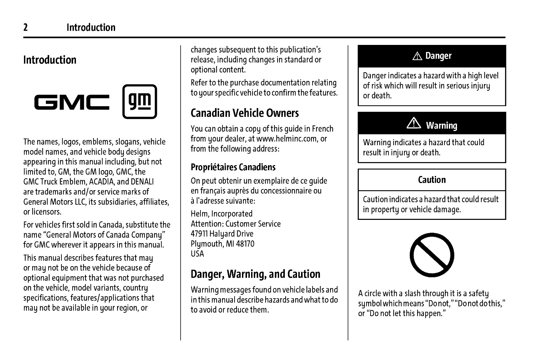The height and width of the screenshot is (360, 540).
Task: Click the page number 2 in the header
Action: [x=25, y=27]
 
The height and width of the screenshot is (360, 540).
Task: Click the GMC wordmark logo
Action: [x=72, y=102]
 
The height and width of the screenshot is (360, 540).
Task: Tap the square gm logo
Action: [x=139, y=102]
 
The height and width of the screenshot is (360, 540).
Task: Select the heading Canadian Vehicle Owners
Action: [x=245, y=113]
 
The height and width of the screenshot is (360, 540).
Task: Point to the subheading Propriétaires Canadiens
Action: [x=233, y=167]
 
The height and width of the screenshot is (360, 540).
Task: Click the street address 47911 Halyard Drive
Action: [x=222, y=234]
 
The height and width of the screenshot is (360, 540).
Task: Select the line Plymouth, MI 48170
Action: [x=222, y=244]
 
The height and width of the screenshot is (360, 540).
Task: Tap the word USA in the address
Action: [x=197, y=254]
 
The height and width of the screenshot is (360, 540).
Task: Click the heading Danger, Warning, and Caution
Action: [x=255, y=274]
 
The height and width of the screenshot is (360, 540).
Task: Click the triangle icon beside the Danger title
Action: [x=417, y=56]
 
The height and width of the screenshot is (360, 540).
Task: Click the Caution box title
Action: [x=432, y=180]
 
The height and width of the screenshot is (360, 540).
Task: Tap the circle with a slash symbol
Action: [x=432, y=255]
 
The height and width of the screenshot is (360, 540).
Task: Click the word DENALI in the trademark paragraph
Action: [x=142, y=182]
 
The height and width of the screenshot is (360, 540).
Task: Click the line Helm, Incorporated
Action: [x=221, y=214]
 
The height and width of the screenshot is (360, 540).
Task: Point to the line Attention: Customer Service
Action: [x=236, y=224]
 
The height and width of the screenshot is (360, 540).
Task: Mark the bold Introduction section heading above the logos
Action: [x=50, y=60]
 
